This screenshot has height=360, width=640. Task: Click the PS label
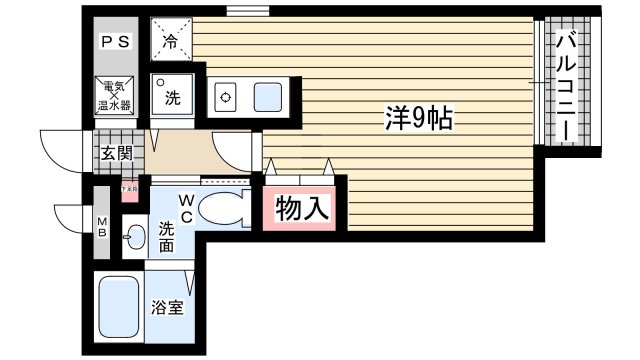[112, 42]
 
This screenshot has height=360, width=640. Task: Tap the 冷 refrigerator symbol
[170, 41]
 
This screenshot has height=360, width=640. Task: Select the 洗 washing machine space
[171, 96]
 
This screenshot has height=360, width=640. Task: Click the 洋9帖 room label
[419, 120]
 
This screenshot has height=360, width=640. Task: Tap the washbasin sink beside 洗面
[134, 238]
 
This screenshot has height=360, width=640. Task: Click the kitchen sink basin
[267, 97]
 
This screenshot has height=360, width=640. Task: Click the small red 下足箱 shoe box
[129, 187]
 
